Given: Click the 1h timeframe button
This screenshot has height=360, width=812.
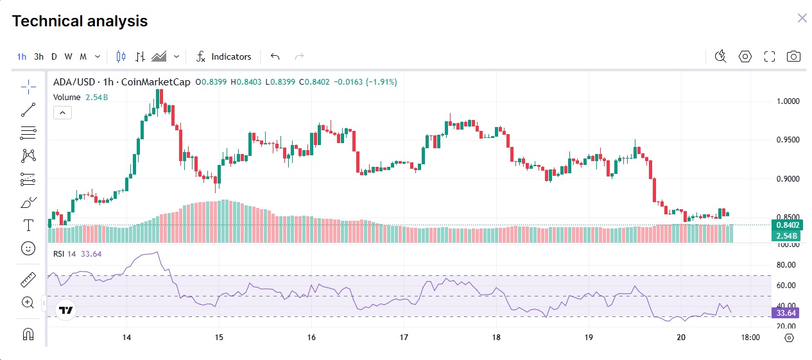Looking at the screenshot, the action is point(22,56).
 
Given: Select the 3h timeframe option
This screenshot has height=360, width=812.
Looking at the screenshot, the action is point(39,56).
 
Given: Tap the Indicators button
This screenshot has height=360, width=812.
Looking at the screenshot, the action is point(223,56).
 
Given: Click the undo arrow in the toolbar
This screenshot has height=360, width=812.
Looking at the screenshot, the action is point(275,56).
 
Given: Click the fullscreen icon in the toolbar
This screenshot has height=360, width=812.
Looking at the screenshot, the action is point(769,56).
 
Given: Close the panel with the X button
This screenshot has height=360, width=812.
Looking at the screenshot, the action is point(802,18).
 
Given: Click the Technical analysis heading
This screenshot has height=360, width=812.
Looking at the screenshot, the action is point(80,21).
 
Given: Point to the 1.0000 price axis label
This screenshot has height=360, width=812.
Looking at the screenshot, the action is point(788,101).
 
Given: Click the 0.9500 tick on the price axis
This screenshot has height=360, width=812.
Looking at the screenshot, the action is point(788,140).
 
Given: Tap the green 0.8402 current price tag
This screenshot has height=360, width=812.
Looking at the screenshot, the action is point(788,225).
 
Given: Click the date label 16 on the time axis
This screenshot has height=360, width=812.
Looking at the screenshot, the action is point(311,337).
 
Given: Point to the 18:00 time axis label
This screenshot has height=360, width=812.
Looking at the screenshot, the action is point(750,337).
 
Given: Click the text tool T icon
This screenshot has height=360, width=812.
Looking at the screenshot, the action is point(28,225).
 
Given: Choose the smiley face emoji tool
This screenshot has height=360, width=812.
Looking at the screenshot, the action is point(28,249).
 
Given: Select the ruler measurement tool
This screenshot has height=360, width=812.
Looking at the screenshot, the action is point(28,280).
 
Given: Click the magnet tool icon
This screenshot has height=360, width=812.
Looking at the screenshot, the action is point(28,334).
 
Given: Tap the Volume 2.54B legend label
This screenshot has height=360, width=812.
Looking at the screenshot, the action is point(80,97).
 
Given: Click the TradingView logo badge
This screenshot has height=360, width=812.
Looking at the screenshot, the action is point(66,311).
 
